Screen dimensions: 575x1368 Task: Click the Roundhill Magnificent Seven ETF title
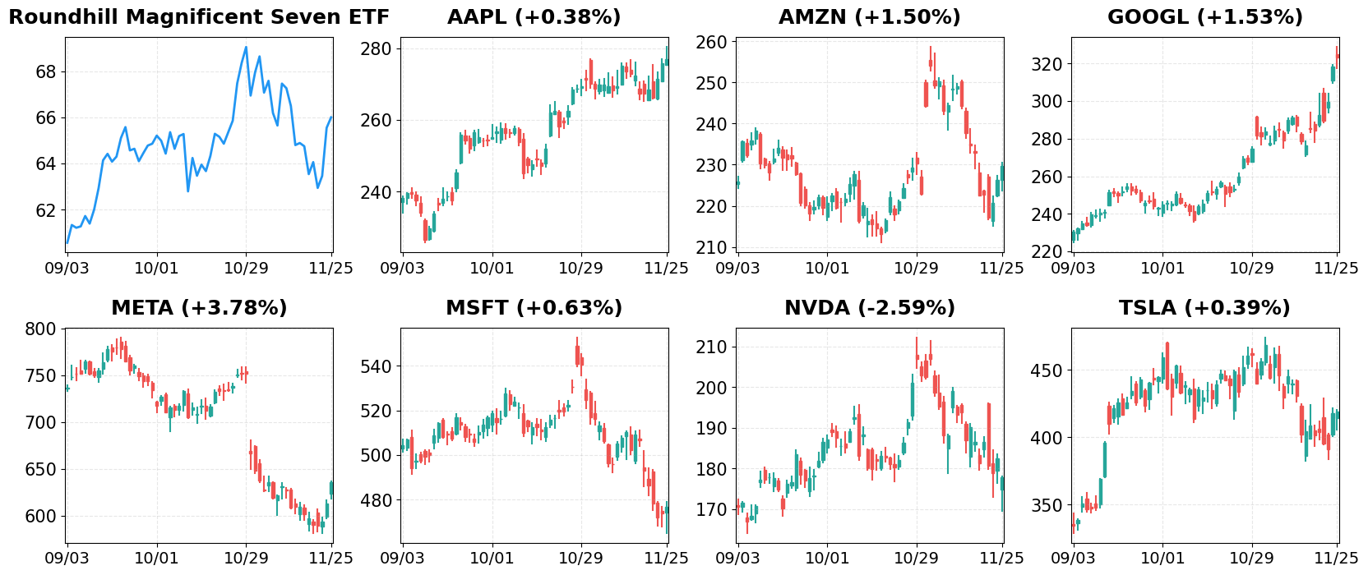point(199,17)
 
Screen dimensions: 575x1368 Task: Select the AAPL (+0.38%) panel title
point(534,17)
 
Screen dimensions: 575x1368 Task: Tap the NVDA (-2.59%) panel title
point(869,308)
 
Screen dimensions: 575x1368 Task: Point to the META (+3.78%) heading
point(199,308)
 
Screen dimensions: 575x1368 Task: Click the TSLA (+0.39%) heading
point(1204,308)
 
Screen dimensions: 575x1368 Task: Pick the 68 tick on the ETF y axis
point(45,72)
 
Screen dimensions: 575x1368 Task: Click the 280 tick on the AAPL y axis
point(377,49)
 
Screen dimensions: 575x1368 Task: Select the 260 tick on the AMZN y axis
point(712,42)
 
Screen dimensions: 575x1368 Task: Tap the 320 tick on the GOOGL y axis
point(1047,64)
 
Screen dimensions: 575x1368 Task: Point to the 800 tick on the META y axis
point(41,329)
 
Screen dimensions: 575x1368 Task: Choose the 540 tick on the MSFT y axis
point(377,366)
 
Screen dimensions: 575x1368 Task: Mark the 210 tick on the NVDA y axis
point(712,347)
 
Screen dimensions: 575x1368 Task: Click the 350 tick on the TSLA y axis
point(1047,505)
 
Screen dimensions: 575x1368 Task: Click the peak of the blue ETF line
point(246,47)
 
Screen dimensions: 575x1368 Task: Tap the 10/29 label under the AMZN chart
point(916,268)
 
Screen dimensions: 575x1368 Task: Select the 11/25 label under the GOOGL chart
point(1337,268)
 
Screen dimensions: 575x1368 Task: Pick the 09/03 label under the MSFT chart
point(402,559)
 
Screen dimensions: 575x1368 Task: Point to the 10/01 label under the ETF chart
point(156,268)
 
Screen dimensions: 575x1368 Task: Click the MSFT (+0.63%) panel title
point(534,308)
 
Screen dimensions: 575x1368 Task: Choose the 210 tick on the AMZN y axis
point(712,247)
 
